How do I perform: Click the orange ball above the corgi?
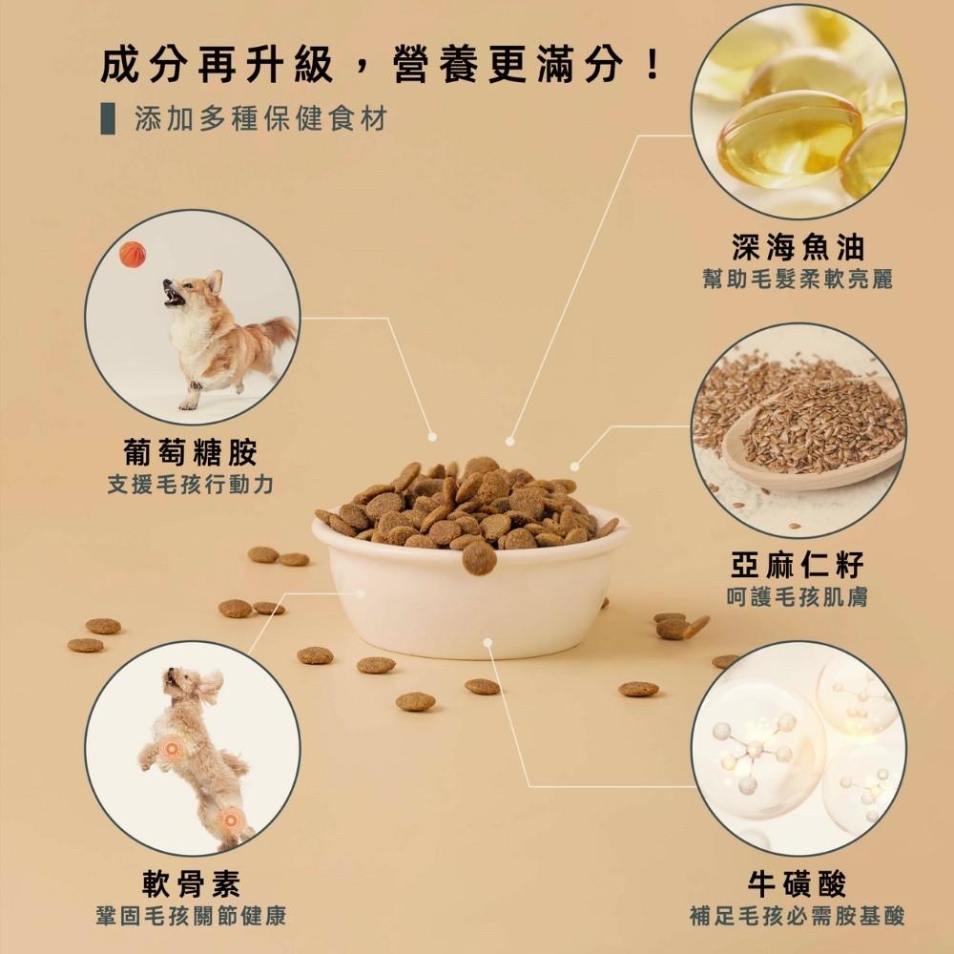(x=133, y=254)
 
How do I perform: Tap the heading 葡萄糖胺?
(x=191, y=451)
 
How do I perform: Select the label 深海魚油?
(x=798, y=247)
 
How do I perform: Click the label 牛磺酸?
(x=798, y=883)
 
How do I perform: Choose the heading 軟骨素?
(x=191, y=883)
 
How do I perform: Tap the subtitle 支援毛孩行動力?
(x=191, y=485)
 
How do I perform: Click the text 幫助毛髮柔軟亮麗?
(x=798, y=280)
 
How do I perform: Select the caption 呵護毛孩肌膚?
(x=798, y=597)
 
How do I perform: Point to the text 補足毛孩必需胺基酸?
(x=798, y=917)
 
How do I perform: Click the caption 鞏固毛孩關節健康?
(x=191, y=917)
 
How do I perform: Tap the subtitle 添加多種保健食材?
(x=260, y=120)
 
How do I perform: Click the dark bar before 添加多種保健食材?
(x=108, y=120)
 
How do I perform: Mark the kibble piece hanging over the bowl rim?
(x=479, y=558)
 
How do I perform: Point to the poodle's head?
(x=181, y=683)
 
